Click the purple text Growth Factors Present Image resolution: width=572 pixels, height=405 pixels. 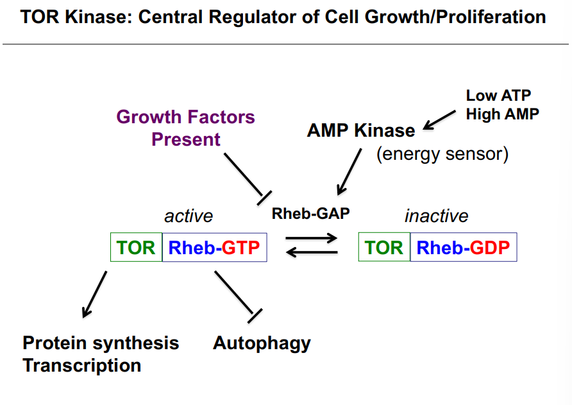click(x=186, y=128)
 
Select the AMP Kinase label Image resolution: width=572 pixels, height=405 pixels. click(x=361, y=130)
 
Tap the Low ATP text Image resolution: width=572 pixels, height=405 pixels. click(x=498, y=96)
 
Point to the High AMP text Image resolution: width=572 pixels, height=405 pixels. click(x=502, y=114)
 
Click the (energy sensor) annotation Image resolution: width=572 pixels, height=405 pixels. click(x=442, y=155)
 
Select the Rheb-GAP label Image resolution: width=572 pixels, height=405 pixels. click(x=311, y=214)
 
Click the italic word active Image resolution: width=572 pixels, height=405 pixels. click(x=189, y=216)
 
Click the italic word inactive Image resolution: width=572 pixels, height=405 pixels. click(x=436, y=216)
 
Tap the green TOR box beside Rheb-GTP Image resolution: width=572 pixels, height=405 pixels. click(x=136, y=248)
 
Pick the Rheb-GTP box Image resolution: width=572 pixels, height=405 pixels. click(x=215, y=248)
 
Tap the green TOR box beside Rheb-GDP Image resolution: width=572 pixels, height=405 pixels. click(x=384, y=248)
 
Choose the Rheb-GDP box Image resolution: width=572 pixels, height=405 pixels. click(x=463, y=248)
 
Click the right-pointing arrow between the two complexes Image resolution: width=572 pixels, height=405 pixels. click(x=312, y=239)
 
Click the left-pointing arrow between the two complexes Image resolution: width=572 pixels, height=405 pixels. click(x=312, y=253)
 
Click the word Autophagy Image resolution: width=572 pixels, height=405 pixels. click(x=262, y=343)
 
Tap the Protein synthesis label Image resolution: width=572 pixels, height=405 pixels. click(x=101, y=343)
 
